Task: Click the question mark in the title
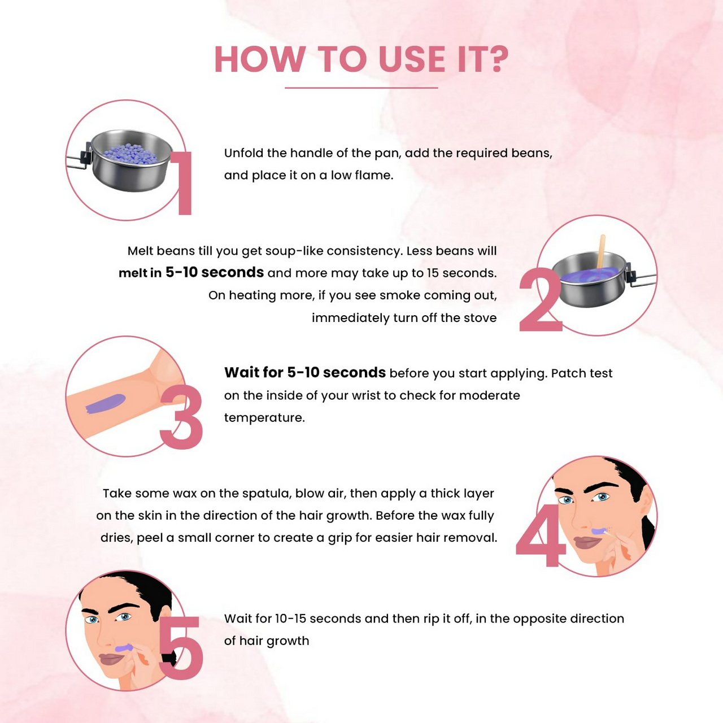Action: click(498, 59)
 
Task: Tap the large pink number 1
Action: click(183, 184)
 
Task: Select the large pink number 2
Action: click(540, 300)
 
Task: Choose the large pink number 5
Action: click(181, 648)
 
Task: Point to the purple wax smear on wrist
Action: click(105, 403)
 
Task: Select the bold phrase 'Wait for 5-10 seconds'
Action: click(304, 373)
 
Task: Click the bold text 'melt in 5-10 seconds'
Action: click(191, 273)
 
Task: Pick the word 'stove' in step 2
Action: click(480, 317)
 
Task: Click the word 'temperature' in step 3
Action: click(264, 418)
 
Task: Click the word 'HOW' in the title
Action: click(259, 59)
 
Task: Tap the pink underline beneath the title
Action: click(361, 88)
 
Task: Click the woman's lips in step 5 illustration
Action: click(110, 659)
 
